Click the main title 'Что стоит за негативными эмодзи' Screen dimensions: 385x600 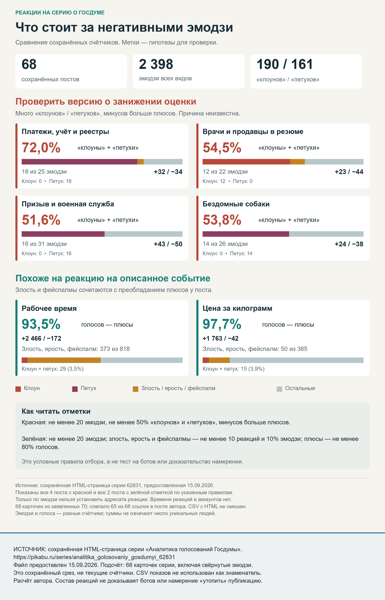point(124,27)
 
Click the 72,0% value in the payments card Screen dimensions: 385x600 point(41,147)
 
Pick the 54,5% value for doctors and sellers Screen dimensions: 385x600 point(222,147)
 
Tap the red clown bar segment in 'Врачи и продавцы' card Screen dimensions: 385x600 point(246,162)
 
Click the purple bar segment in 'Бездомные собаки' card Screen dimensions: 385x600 point(246,234)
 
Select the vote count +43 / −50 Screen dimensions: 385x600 point(168,244)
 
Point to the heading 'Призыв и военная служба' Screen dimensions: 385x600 point(68,204)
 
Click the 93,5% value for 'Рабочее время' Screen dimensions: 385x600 point(41,324)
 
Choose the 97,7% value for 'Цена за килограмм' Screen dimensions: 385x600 point(222,324)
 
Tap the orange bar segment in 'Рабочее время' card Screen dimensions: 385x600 point(64,360)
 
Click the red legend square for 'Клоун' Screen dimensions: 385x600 point(18,389)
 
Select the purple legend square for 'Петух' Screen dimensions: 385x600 point(75,389)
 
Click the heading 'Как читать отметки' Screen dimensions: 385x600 point(56,411)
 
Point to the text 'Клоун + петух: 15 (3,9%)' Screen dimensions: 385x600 point(233,369)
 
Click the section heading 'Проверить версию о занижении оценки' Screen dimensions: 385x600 point(106,102)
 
